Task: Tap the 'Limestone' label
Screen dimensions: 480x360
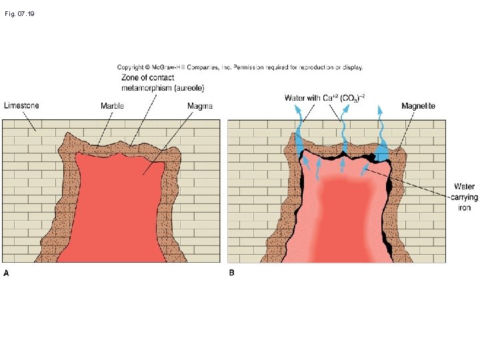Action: click(x=22, y=105)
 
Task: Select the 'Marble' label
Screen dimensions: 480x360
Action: click(x=112, y=105)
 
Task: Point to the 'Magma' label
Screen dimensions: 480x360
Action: click(x=199, y=105)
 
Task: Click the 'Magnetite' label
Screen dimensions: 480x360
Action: click(x=419, y=105)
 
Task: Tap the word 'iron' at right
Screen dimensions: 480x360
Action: click(x=464, y=208)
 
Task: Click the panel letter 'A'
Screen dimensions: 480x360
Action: click(x=7, y=272)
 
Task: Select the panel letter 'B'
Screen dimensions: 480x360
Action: click(x=232, y=272)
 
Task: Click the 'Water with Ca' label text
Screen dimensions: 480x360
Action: click(x=311, y=97)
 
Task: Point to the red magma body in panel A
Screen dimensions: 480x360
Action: click(x=117, y=207)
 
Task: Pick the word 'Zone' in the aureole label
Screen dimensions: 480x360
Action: click(x=131, y=77)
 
